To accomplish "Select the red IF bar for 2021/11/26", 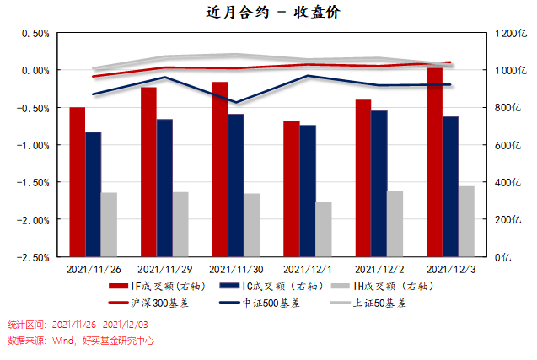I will point(77,181).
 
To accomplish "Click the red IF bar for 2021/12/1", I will point(291,188).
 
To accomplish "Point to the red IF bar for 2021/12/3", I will point(434,161).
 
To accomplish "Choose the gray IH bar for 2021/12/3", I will point(466,221).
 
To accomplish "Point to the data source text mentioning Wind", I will point(81,341).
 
